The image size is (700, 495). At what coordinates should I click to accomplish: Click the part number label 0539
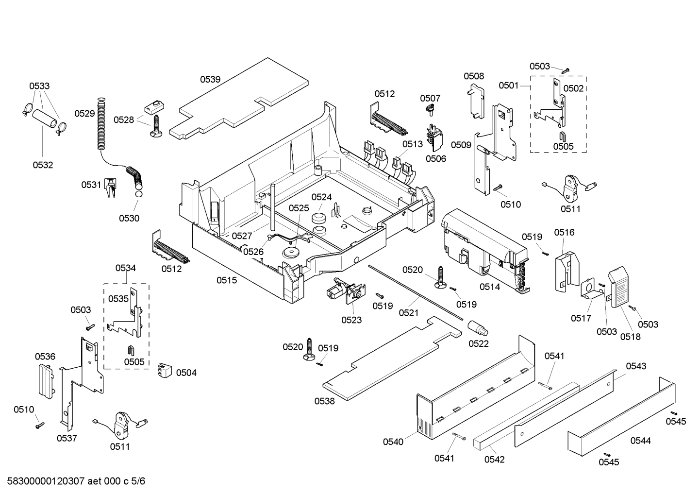coord(210,79)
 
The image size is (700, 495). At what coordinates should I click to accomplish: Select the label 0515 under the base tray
coord(227,280)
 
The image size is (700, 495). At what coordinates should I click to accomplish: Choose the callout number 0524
coord(321,197)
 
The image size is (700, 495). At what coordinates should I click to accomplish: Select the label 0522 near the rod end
coord(478,343)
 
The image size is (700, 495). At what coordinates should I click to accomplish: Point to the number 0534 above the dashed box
coord(125,268)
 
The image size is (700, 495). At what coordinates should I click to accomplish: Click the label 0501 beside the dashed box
coord(508,86)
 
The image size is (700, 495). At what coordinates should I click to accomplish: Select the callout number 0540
coord(393,442)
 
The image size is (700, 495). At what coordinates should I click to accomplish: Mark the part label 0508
coord(473,76)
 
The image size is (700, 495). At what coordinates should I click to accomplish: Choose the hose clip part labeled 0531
coord(111,188)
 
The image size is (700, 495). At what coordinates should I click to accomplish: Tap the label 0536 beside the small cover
coord(45,357)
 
